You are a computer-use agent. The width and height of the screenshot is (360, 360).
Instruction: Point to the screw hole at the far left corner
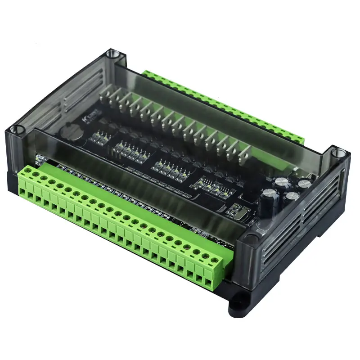(17, 130)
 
